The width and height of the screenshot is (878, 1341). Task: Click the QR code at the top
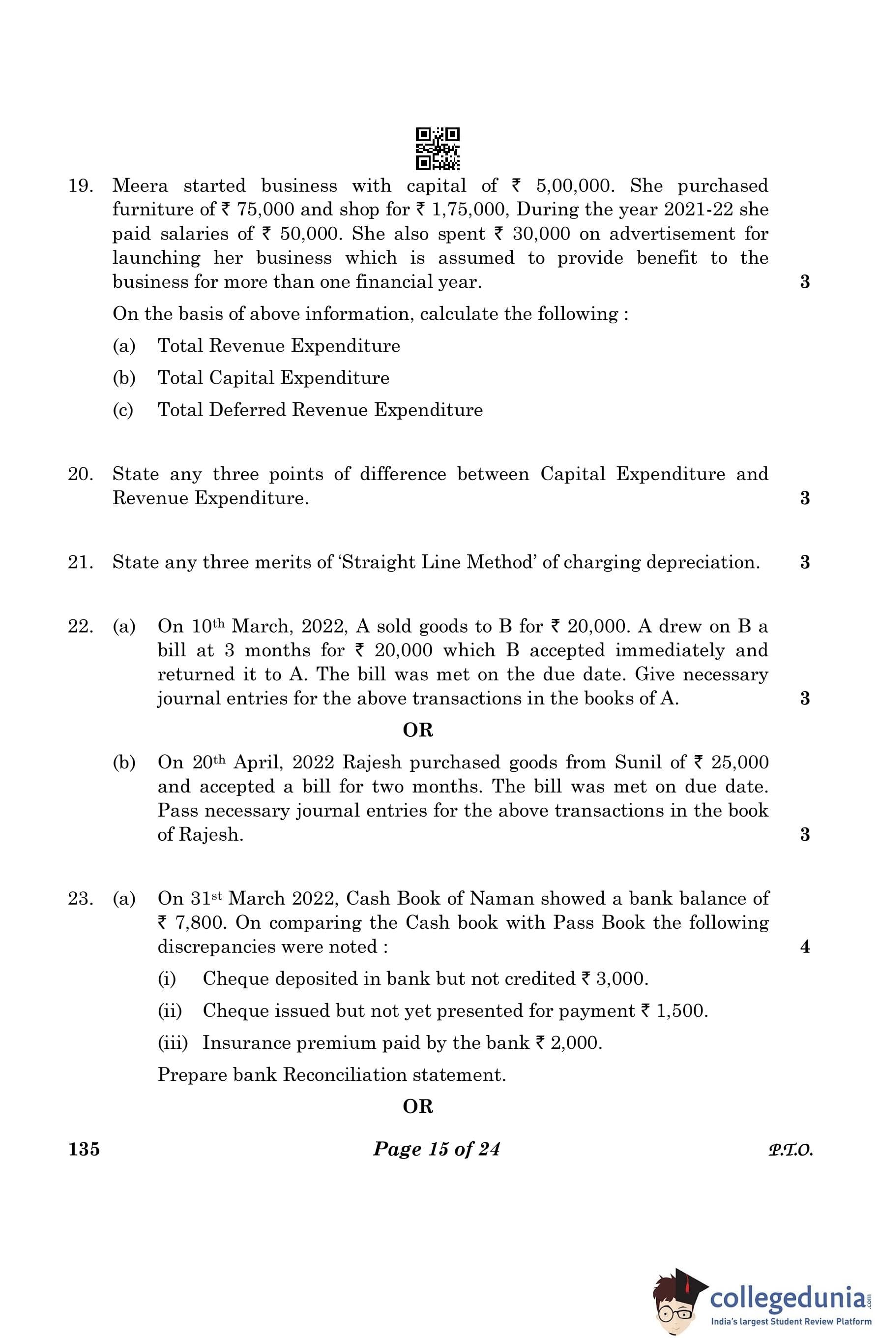coord(438,149)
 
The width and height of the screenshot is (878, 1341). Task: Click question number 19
coord(81,186)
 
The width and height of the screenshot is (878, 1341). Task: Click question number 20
coord(81,474)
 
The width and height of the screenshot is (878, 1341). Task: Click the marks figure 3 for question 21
coord(805,562)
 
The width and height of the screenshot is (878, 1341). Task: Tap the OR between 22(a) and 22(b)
coord(418,730)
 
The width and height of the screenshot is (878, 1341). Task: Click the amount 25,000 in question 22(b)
coord(739,762)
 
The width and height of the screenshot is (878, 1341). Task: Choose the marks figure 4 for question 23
coord(805,946)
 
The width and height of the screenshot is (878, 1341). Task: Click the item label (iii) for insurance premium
coord(173,1043)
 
